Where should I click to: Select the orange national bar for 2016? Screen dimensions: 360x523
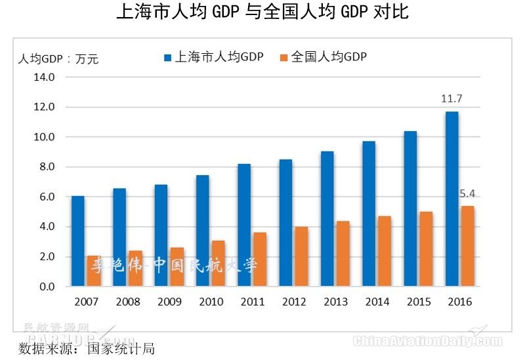pyautogui.click(x=467, y=246)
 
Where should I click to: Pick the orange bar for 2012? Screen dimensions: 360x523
pyautogui.click(x=301, y=256)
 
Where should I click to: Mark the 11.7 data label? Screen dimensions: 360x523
pyautogui.click(x=451, y=99)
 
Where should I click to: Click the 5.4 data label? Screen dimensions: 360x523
pyautogui.click(x=467, y=194)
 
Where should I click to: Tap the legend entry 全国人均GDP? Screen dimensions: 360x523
pyautogui.click(x=323, y=57)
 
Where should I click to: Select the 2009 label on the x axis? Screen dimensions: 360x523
pyautogui.click(x=169, y=302)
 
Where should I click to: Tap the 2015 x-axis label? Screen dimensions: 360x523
pyautogui.click(x=418, y=302)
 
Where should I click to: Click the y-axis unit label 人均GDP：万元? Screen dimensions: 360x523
pyautogui.click(x=58, y=59)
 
